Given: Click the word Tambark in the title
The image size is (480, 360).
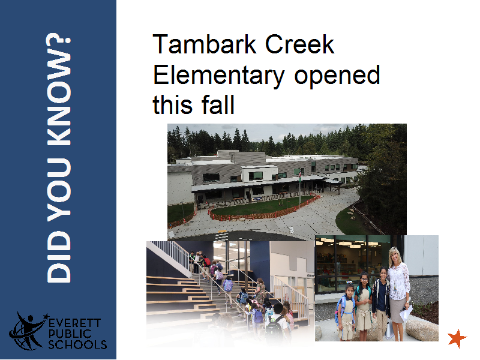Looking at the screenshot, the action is [204, 44].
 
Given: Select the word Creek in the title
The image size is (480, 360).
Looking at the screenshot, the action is [299, 44].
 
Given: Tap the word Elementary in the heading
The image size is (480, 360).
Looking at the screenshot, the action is [218, 76].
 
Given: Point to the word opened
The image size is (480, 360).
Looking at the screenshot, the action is [337, 76].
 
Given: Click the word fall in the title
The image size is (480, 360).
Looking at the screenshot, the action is [218, 104].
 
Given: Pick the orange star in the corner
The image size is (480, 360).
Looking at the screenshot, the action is [457, 338].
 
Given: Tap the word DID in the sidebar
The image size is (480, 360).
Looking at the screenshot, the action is [58, 257].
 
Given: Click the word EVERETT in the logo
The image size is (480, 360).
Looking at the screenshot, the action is [74, 323].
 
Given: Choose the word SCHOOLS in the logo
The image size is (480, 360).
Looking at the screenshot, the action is [77, 344].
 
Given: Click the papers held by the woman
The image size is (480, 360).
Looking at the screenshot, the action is [406, 312].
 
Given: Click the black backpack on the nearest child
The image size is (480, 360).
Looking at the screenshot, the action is [274, 328].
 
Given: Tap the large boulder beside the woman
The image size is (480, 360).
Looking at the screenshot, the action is [422, 329].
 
